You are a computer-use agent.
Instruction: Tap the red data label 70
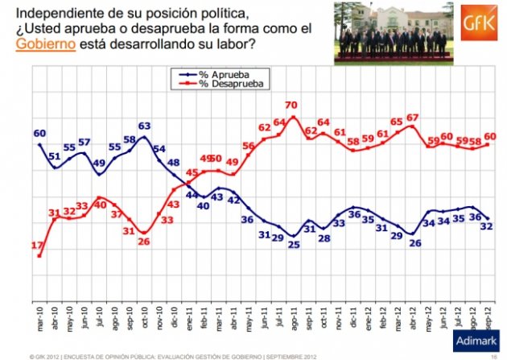pos(291,106)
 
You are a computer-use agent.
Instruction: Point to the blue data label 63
pos(145,126)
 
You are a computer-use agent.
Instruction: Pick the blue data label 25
pos(294,244)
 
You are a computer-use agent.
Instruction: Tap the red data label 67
pos(413,118)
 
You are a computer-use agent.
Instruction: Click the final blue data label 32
pos(487,226)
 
